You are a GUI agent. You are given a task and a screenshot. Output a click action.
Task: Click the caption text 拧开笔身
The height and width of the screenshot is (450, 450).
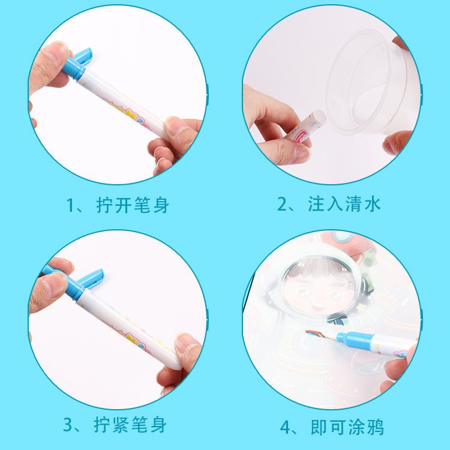point(133,205)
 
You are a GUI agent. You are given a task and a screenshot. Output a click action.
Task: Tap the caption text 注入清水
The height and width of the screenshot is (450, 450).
point(344,205)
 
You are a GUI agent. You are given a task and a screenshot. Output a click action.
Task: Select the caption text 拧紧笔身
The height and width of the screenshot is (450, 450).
point(130,425)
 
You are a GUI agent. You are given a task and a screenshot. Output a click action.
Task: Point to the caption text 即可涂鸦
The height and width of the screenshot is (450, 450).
point(347,427)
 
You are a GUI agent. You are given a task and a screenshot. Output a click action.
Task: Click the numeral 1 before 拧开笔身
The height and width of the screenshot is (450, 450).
point(70,205)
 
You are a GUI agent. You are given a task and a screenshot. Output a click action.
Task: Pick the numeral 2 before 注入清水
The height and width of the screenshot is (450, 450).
point(282,205)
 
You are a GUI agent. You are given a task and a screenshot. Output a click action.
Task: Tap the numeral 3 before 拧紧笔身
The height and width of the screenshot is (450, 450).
point(68,425)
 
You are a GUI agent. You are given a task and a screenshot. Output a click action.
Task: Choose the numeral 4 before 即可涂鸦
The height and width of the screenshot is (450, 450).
point(286,428)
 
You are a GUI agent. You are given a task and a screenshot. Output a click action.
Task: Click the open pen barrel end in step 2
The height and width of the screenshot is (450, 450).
point(320,118)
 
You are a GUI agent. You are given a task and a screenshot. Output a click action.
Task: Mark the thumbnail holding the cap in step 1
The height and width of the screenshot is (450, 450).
point(55,52)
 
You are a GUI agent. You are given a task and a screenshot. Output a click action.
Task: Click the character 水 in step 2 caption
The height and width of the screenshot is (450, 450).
point(373,205)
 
